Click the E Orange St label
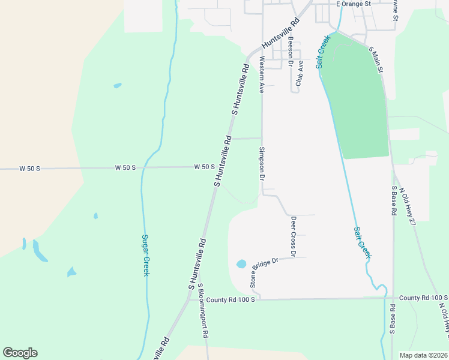354,4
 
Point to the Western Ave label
261,75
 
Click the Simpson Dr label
262,163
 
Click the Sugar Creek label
145,255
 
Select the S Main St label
376,61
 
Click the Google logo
20,353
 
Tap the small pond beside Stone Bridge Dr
241,263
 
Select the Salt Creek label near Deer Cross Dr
362,242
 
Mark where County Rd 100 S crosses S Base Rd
393,296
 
